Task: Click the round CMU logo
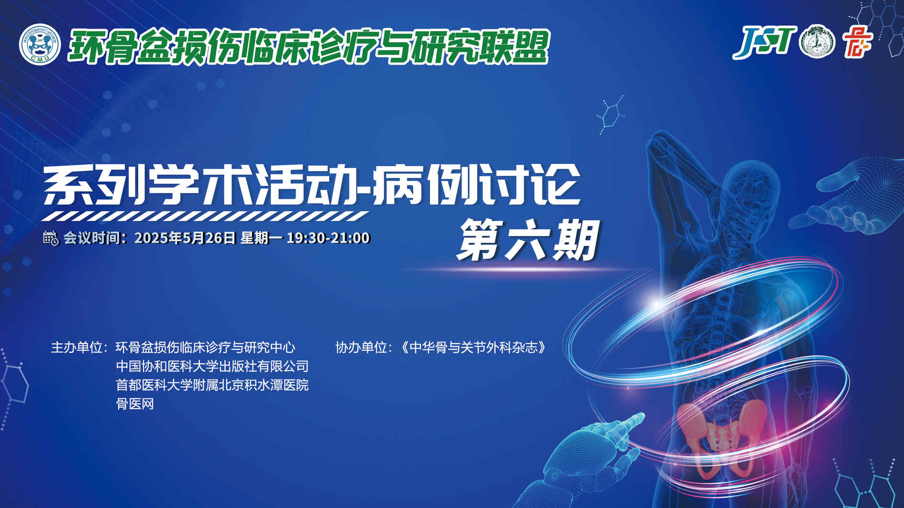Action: [40, 43]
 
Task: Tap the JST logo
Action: [764, 42]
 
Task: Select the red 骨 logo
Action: [858, 42]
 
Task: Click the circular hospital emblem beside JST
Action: [817, 42]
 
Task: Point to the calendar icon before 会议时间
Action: [51, 238]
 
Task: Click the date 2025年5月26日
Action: [186, 238]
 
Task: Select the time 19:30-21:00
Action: [328, 238]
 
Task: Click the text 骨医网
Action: [135, 404]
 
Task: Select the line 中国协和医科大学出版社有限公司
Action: [212, 367]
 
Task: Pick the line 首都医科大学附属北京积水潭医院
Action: [212, 385]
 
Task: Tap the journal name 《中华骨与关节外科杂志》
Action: [473, 347]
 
